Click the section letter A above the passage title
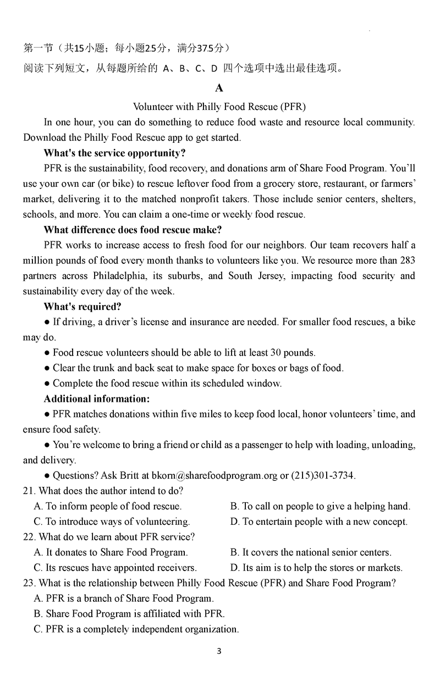219,88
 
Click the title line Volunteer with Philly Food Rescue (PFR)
219,107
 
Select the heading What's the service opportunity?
114,153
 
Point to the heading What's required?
82,307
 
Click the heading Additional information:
97,398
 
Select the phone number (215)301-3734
318,475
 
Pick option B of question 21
320,506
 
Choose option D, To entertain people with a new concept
319,522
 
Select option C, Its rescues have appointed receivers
115,568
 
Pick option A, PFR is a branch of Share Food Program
124,599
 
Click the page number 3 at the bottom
219,652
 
